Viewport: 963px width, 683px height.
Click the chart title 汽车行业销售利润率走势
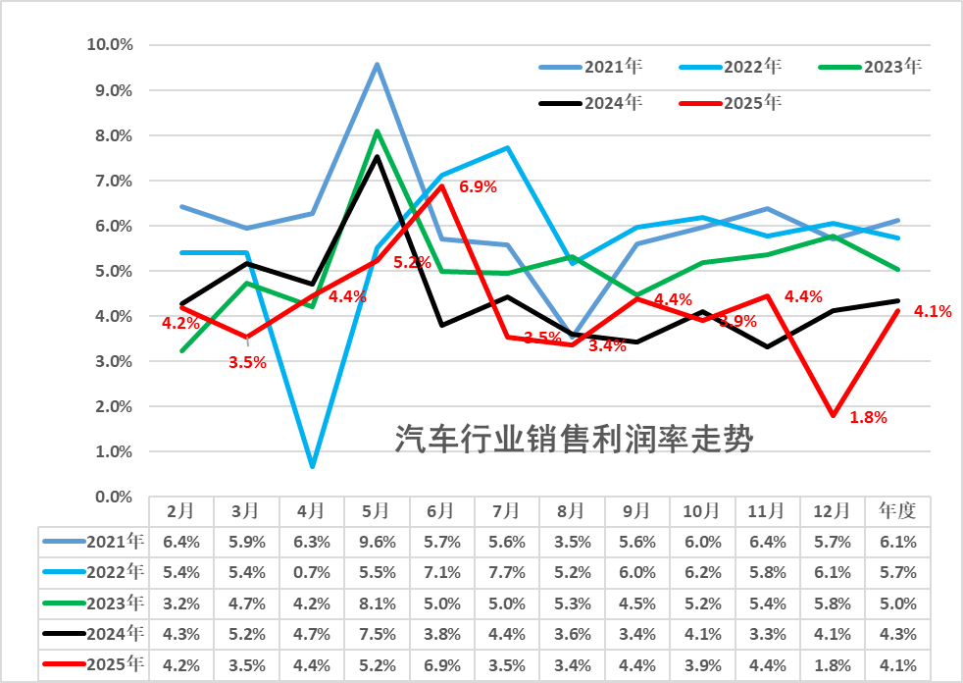coord(574,439)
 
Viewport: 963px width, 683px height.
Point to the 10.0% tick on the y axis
coord(110,45)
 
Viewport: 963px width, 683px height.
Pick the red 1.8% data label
coord(868,417)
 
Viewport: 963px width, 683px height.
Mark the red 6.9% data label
coord(479,186)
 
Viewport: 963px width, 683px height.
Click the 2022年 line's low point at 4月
coord(312,465)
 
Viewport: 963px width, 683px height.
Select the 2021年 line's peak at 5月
coord(377,65)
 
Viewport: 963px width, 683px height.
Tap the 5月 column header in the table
coord(376,510)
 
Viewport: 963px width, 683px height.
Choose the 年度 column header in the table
coord(897,510)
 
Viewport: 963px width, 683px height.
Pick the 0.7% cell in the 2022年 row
coord(311,572)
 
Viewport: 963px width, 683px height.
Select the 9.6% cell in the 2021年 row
coord(376,541)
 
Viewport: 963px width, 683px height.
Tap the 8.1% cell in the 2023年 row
coord(376,604)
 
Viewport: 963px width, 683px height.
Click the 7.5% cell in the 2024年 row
coord(376,635)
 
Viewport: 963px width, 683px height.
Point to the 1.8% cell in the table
coord(833,666)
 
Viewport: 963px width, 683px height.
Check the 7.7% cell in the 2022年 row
coord(506,572)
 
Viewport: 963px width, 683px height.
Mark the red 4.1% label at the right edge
coord(933,312)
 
